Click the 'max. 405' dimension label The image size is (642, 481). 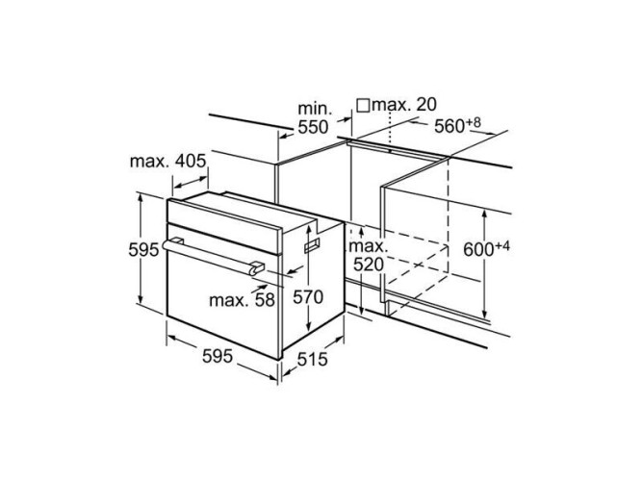pyautogui.click(x=167, y=162)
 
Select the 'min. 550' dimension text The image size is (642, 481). pyautogui.click(x=313, y=118)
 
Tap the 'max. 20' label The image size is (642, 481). pyautogui.click(x=404, y=105)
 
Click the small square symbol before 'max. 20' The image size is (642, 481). pyautogui.click(x=363, y=106)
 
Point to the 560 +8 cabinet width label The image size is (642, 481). pyautogui.click(x=457, y=125)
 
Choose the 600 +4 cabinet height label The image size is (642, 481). pyautogui.click(x=486, y=248)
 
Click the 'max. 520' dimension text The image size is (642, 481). pyautogui.click(x=369, y=256)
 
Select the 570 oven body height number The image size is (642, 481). pyautogui.click(x=308, y=297)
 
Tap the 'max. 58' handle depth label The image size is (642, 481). pyautogui.click(x=242, y=300)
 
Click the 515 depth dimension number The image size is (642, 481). pyautogui.click(x=313, y=360)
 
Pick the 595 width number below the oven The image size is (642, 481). pyautogui.click(x=218, y=356)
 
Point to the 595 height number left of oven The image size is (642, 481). pyautogui.click(x=143, y=249)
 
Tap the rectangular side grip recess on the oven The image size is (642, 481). pyautogui.click(x=312, y=245)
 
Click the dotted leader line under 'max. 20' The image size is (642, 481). pyautogui.click(x=390, y=132)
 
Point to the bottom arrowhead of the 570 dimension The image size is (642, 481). pyautogui.click(x=308, y=327)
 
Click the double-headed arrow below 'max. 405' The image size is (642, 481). pyautogui.click(x=191, y=183)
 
